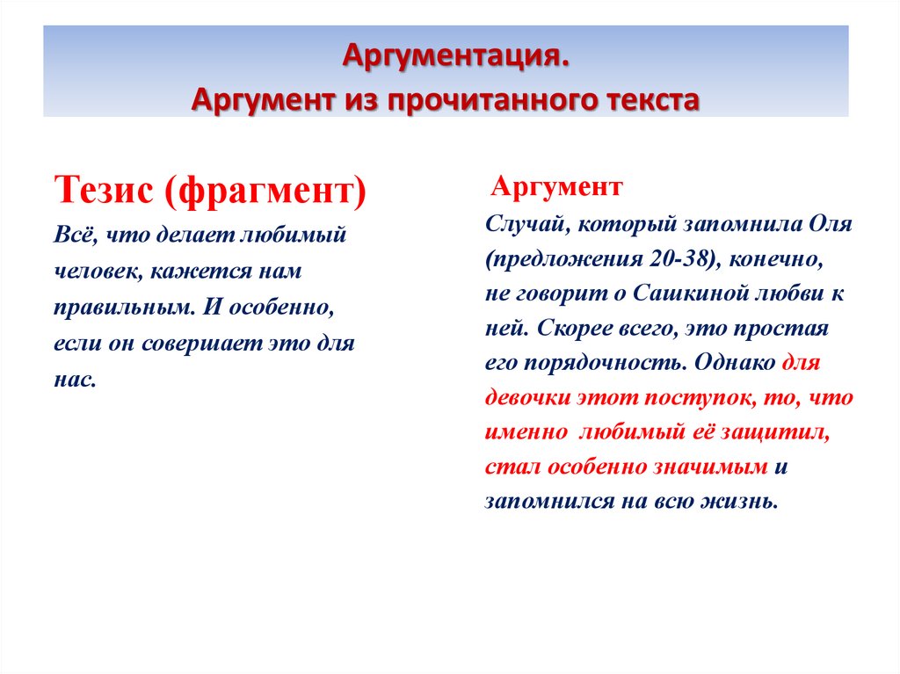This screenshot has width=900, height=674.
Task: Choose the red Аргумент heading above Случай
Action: pyautogui.click(x=556, y=186)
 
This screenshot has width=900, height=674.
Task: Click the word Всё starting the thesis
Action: pyautogui.click(x=72, y=236)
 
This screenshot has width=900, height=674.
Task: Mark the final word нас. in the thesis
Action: pyautogui.click(x=75, y=380)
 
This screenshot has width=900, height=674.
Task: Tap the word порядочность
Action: pyautogui.click(x=624, y=362)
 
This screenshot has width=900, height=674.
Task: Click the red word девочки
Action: pyautogui.click(x=526, y=397)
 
